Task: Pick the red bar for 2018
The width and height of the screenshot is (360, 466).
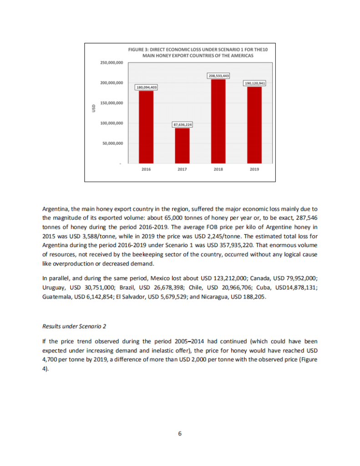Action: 218,121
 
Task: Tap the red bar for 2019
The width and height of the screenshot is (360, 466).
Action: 254,125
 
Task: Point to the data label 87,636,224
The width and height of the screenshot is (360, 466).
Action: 182,124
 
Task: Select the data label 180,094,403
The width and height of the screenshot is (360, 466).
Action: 146,87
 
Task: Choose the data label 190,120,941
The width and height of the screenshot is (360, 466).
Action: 255,84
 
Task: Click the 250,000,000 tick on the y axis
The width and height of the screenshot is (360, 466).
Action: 112,63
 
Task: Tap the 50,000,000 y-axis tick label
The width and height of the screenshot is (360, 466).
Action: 113,143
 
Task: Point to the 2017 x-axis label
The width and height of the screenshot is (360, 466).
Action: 182,169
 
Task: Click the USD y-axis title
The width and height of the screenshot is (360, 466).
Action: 93,108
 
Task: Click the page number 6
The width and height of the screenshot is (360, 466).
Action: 180,433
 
